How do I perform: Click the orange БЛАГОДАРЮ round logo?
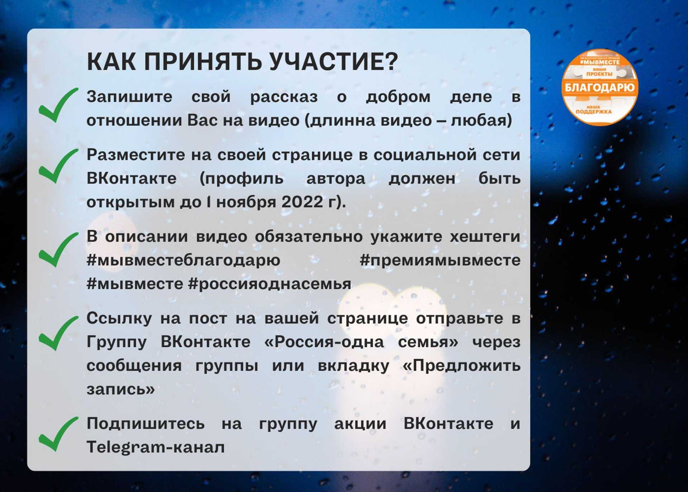click(599, 87)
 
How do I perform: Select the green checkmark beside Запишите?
click(58, 105)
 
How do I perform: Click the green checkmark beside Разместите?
click(58, 166)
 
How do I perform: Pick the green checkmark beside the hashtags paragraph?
click(58, 250)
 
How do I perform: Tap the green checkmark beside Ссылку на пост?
click(58, 333)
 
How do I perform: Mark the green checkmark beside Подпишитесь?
click(58, 434)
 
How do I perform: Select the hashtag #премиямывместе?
click(440, 260)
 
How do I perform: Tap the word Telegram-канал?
click(156, 448)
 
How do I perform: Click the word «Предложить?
click(462, 366)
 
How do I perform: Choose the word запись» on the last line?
click(121, 389)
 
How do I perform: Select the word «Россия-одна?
click(324, 342)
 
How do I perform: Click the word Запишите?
click(129, 97)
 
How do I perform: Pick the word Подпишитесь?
click(145, 423)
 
